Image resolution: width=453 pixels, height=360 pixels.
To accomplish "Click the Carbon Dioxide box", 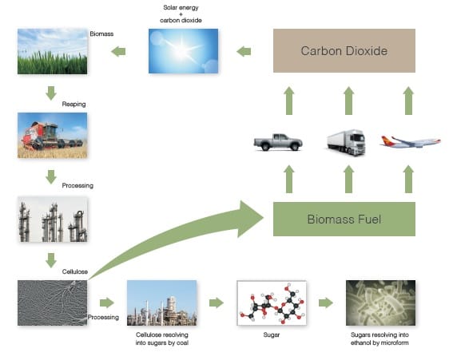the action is (344, 50).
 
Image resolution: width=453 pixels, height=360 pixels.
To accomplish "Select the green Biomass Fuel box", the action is (344, 219).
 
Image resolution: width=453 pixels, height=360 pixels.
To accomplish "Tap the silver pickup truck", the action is (278, 142).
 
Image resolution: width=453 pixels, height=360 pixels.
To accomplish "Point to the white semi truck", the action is (346, 142).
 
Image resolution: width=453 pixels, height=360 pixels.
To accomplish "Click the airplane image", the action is (411, 141).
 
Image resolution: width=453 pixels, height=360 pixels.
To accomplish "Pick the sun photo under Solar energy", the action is (183, 51).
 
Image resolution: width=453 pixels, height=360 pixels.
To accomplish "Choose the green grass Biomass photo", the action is (52, 51).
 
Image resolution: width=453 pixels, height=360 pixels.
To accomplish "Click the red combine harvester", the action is (52, 136).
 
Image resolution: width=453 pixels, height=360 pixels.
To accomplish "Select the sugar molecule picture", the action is (272, 303).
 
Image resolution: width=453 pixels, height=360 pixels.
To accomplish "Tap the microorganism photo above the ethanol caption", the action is (381, 303).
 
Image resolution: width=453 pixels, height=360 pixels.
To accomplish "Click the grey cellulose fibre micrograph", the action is (52, 303).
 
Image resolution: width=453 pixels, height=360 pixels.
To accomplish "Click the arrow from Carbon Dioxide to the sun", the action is (244, 52).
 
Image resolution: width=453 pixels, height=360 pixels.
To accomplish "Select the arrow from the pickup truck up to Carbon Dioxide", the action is (289, 101).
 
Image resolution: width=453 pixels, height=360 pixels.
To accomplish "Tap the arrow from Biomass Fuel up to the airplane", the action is (408, 179).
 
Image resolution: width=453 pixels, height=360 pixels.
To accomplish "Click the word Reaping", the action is (74, 104).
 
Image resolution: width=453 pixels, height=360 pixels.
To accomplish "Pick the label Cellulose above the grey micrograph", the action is (75, 271).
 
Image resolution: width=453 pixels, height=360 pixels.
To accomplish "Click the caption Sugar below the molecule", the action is (272, 335).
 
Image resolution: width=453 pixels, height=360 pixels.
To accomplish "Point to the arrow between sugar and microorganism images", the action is (326, 303).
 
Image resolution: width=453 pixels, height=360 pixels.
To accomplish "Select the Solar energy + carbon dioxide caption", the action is (181, 14).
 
